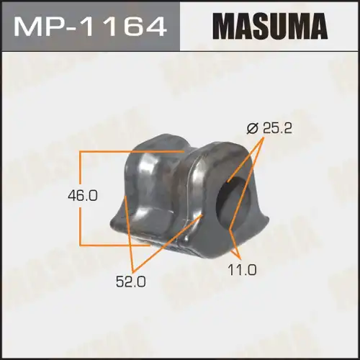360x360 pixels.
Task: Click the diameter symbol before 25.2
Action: click(x=251, y=130)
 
